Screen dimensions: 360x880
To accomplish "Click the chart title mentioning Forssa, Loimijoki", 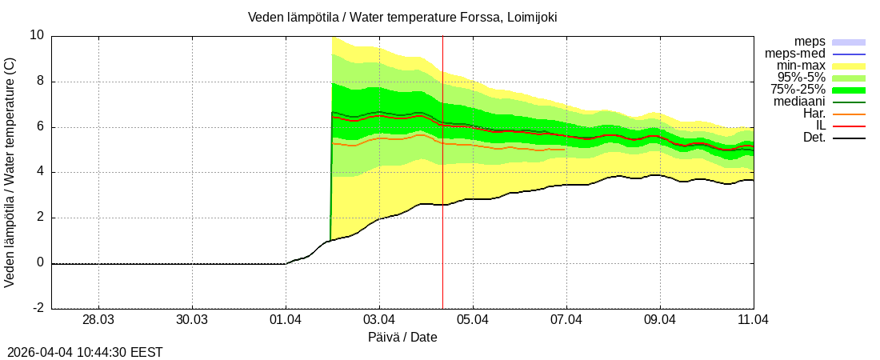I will point(402,17).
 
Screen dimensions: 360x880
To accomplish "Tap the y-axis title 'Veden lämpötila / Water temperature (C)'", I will point(10,173).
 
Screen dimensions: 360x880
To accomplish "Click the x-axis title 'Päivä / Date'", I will point(402,337).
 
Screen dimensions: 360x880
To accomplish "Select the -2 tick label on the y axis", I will point(37,309).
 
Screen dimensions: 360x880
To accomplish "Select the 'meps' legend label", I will point(810,42).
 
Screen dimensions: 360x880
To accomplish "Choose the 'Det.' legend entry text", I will point(814,138).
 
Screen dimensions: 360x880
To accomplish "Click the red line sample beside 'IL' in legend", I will point(849,126).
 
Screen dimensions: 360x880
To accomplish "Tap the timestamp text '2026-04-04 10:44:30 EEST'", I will point(85,351).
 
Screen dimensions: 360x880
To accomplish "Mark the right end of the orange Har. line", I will point(565,149).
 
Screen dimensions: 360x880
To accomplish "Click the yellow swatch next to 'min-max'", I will point(849,66).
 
